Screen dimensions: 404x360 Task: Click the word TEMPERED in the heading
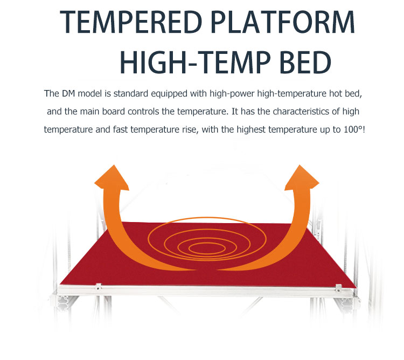coord(131,22)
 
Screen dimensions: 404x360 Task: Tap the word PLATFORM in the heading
coord(283,22)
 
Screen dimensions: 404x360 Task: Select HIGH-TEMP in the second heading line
coord(195,63)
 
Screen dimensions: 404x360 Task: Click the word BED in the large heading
coord(305,63)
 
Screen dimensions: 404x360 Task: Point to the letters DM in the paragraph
coord(68,94)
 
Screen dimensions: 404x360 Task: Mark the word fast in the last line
coord(120,129)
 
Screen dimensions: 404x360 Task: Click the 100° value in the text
coord(353,129)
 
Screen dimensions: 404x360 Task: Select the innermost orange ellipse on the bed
coord(207,248)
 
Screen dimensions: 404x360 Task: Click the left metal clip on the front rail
coord(98,286)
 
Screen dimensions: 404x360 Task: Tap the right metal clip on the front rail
coord(339,288)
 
